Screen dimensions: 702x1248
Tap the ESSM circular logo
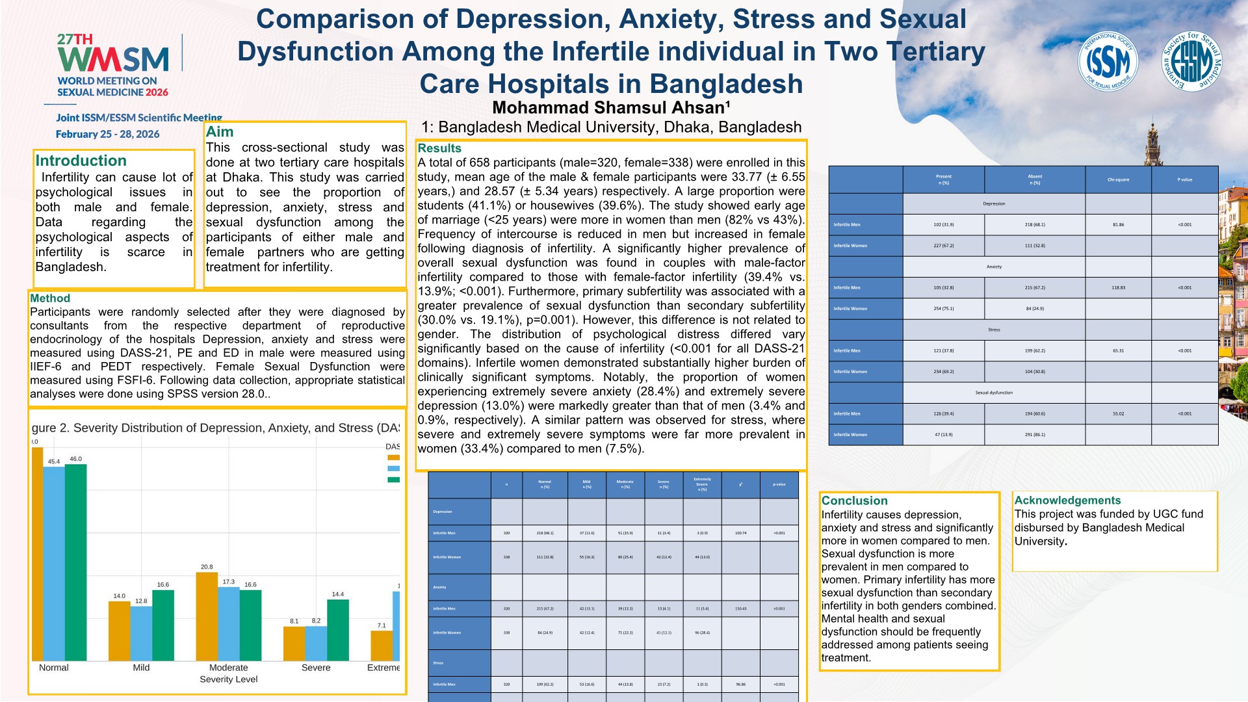[x=1191, y=62]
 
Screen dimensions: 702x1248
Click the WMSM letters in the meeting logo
[x=113, y=60]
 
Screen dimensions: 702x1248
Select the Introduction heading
[x=81, y=161]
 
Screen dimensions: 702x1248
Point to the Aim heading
[x=220, y=131]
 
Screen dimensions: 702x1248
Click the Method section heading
[x=50, y=298]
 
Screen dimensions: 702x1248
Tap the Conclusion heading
[x=854, y=500]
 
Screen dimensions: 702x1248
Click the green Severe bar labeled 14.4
[x=338, y=629]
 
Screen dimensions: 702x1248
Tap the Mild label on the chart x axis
[x=141, y=668]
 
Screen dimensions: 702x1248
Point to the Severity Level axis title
[x=228, y=679]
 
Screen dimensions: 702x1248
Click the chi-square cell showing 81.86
[x=1118, y=225]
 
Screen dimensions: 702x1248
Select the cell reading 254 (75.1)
[x=943, y=309]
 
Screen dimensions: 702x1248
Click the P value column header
[x=1184, y=179]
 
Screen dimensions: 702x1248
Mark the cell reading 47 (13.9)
[x=943, y=434]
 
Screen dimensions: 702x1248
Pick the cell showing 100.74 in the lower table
[x=740, y=533]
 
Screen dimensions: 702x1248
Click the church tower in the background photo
[x=1152, y=146]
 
